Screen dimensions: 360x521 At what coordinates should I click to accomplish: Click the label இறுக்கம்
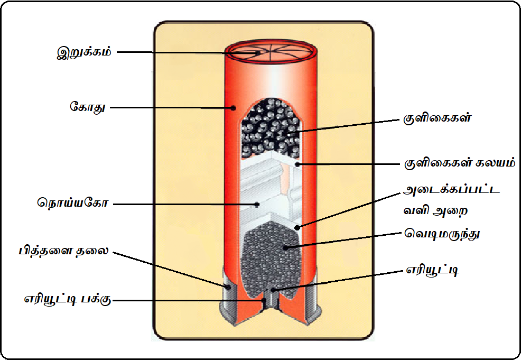tap(85, 53)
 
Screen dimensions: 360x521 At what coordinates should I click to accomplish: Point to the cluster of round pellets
tap(269, 127)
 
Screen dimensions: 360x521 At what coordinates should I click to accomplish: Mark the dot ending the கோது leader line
tap(232, 108)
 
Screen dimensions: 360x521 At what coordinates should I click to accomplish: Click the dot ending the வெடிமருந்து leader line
tap(285, 246)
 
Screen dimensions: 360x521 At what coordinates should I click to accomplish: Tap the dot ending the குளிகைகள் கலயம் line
tap(298, 164)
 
